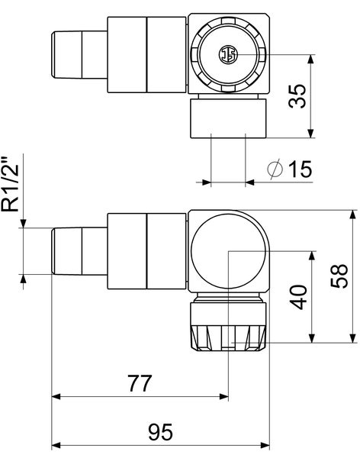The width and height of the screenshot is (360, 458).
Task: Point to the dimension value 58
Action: click(x=341, y=276)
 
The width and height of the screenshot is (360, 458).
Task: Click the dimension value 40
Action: click(x=300, y=297)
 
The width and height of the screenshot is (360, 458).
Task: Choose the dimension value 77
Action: click(x=140, y=384)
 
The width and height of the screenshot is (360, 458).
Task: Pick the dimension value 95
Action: click(x=159, y=432)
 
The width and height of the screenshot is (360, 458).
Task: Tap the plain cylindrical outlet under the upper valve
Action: click(x=228, y=121)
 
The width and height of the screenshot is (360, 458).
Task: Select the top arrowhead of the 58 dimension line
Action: click(x=353, y=214)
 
